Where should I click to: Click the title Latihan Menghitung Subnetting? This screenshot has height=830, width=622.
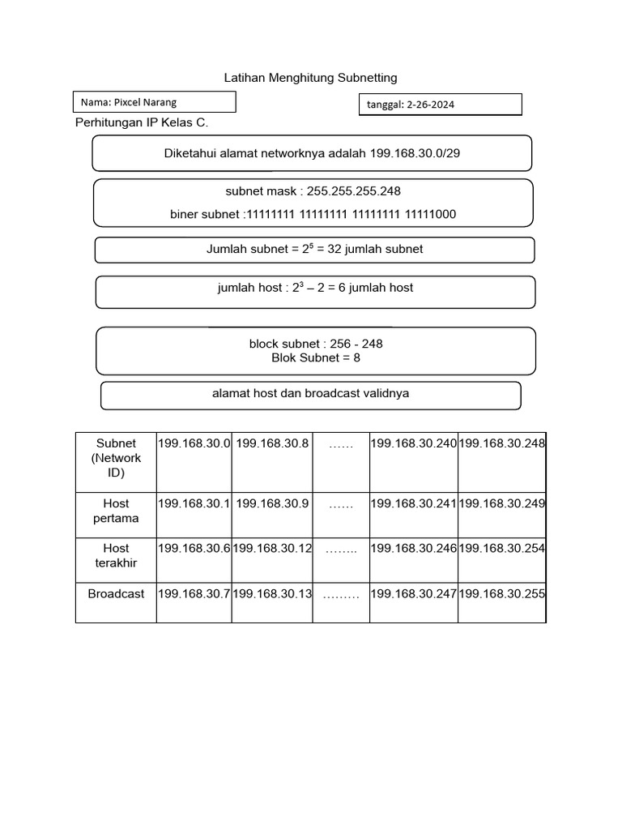point(310,78)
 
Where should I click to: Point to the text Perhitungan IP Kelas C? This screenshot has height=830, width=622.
point(142,123)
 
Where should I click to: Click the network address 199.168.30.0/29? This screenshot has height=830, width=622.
point(415,153)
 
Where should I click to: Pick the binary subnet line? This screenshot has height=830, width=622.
point(313,214)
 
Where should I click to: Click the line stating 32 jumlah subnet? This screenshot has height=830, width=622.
point(314,250)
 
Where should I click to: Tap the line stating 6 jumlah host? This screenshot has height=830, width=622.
point(315,288)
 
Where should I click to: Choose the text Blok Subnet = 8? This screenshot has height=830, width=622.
point(316,357)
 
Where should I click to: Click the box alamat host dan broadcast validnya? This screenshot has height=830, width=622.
point(310,394)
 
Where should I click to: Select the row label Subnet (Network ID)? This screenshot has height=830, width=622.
point(116,458)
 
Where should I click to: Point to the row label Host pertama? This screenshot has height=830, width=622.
point(116,511)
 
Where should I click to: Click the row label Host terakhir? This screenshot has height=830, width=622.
point(116,555)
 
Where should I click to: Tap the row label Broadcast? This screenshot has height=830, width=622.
point(116,594)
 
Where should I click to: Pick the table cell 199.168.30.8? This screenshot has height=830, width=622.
point(272,443)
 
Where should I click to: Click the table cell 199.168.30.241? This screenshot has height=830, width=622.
point(414,503)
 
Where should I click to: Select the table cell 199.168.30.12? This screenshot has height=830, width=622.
point(272,549)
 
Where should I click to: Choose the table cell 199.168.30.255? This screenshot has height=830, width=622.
point(502,594)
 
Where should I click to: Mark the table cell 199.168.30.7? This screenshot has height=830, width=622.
point(194,594)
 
